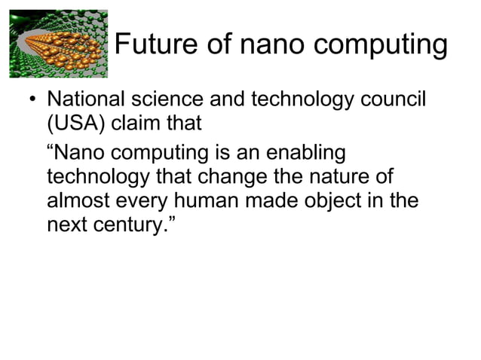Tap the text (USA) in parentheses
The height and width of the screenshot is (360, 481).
(x=76, y=125)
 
